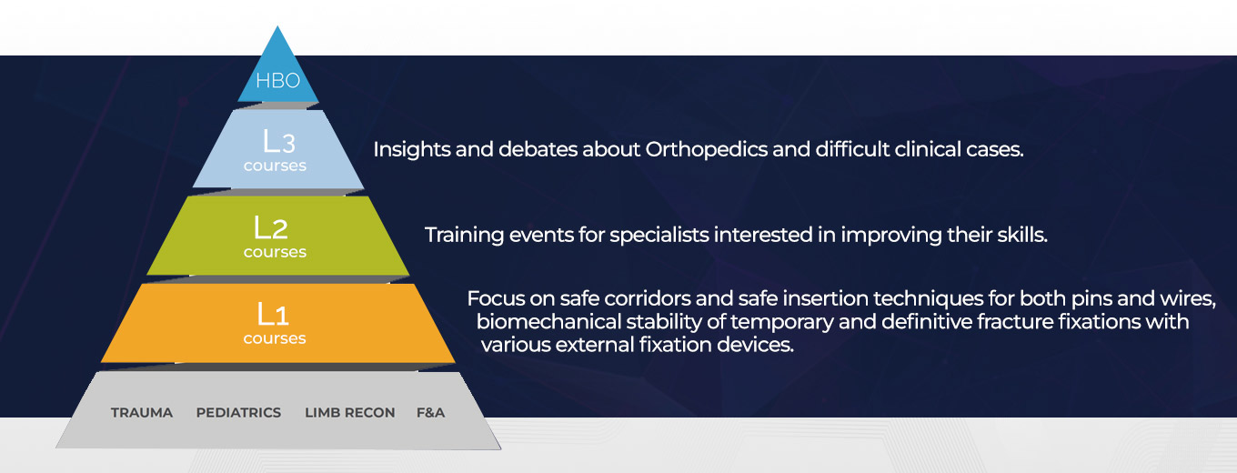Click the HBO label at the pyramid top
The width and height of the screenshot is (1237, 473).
(x=277, y=81)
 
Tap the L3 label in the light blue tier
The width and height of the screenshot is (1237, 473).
(x=279, y=141)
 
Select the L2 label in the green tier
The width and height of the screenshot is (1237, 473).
(x=271, y=227)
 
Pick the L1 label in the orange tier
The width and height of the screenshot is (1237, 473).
(x=273, y=314)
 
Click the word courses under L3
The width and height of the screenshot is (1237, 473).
(x=275, y=166)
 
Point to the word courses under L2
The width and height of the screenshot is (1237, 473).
(x=275, y=252)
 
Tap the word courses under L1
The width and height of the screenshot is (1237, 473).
(x=275, y=338)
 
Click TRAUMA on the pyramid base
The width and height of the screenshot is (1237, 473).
(x=142, y=413)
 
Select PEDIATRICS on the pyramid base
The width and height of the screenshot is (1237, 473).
(x=238, y=413)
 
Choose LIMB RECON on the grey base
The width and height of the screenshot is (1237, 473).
(x=350, y=413)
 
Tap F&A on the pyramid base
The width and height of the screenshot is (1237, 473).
(x=431, y=413)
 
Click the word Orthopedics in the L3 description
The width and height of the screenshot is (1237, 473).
(x=707, y=150)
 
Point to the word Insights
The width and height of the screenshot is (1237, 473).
(x=412, y=150)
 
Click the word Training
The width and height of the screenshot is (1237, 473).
(x=465, y=236)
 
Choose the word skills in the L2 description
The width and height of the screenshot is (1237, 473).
(x=1022, y=236)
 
